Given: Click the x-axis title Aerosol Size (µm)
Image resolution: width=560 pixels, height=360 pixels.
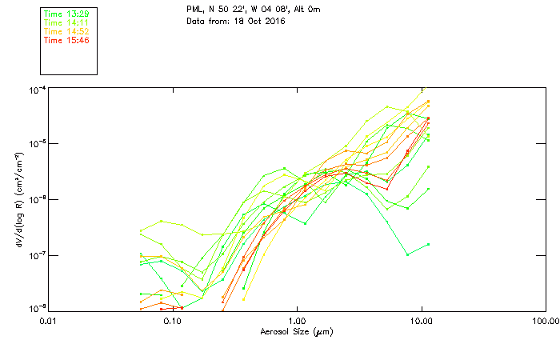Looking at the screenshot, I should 296,332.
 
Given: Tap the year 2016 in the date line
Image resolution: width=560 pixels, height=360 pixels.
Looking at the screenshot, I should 273,21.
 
